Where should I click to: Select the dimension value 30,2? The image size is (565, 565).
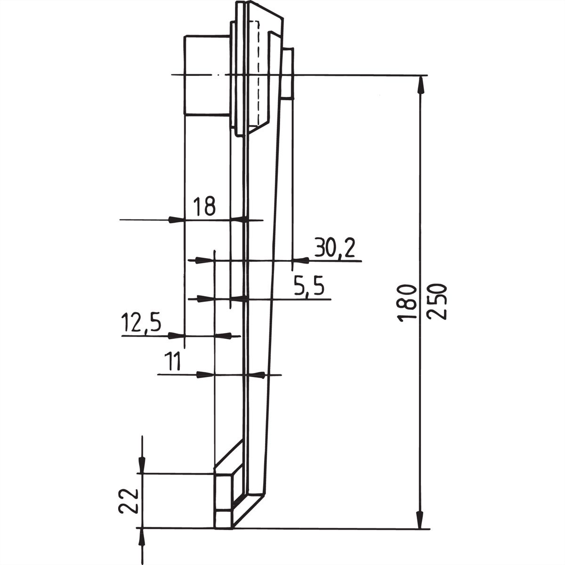coord(334,248)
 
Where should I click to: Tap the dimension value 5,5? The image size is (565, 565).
coord(309,287)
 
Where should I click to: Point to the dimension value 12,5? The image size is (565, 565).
coord(141,323)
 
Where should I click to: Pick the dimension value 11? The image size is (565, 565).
coord(172,362)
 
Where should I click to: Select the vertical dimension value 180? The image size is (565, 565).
coord(407,303)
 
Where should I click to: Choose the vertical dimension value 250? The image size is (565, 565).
coord(436,302)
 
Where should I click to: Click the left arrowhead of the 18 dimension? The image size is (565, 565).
coord(176,220)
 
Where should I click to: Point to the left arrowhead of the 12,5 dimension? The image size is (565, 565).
coord(176,335)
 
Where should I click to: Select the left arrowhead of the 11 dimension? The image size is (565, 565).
coord(205,375)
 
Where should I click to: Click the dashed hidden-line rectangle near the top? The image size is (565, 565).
coord(254,73)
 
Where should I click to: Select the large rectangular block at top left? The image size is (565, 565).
coord(206,75)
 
